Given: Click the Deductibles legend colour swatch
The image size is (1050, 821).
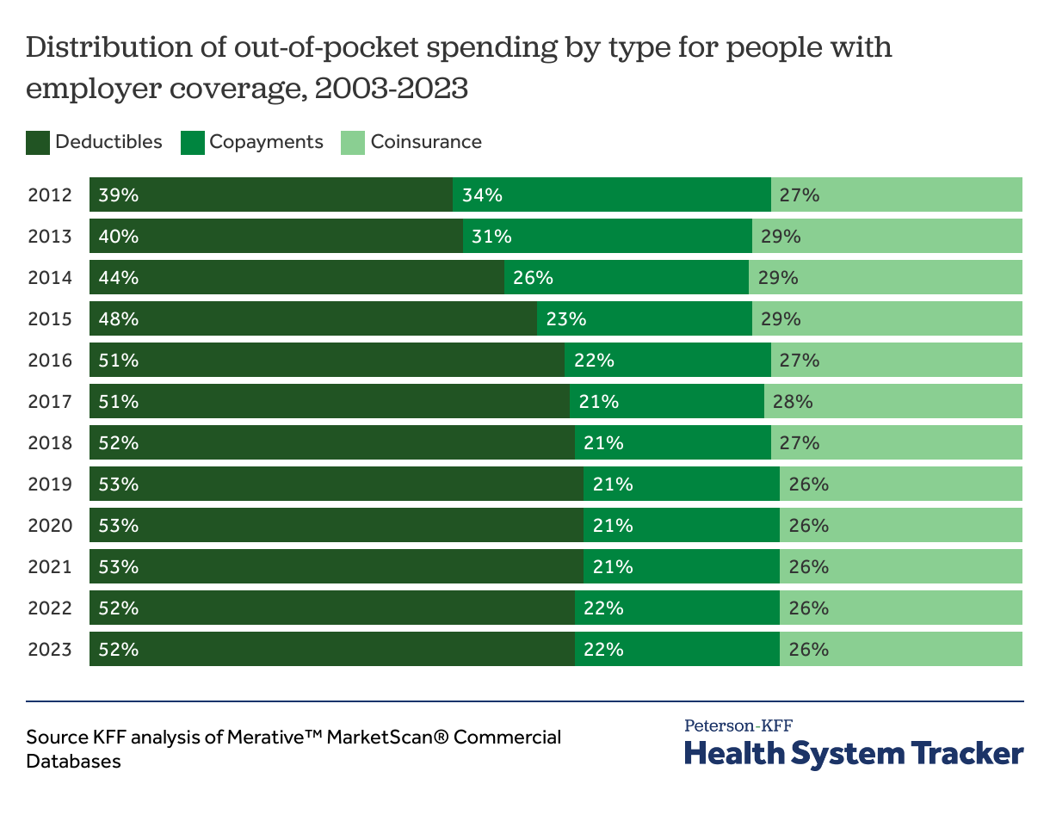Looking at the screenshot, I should pyautogui.click(x=38, y=143).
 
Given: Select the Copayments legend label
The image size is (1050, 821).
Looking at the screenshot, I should pyautogui.click(x=266, y=142).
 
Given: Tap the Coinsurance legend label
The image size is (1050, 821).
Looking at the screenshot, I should pyautogui.click(x=426, y=142).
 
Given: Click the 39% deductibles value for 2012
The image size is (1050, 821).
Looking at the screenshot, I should pyautogui.click(x=118, y=195).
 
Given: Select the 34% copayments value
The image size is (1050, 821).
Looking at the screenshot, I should pyautogui.click(x=482, y=195).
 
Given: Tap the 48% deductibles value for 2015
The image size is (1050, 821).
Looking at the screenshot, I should pyautogui.click(x=118, y=319).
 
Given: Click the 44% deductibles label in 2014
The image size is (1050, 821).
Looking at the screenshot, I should pyautogui.click(x=118, y=278).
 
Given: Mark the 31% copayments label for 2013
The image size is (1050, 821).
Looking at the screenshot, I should pyautogui.click(x=491, y=237).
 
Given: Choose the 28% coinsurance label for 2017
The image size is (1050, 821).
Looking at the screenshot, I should pyautogui.click(x=793, y=402).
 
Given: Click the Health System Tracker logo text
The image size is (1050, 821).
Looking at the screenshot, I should pyautogui.click(x=854, y=754).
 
